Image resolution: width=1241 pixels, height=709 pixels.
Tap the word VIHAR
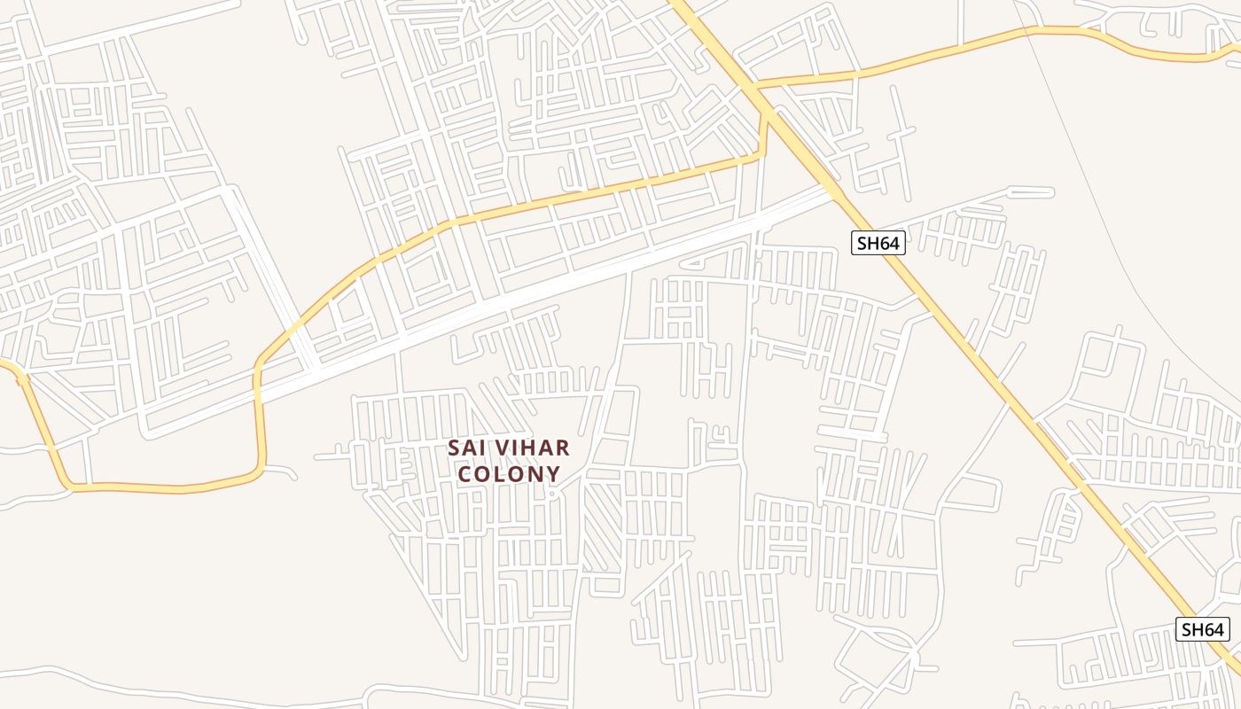[530, 448]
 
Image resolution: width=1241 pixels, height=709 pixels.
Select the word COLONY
[509, 473]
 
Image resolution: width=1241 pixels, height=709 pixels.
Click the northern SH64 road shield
[878, 243]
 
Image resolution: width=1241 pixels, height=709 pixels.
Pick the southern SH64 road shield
[1203, 629]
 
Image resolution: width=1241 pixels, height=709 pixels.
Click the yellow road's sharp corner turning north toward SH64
[761, 156]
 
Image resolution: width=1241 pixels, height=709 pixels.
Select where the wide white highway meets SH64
[831, 189]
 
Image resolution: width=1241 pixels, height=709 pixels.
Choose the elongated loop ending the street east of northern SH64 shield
[1032, 191]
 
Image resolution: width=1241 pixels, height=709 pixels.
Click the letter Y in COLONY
[554, 473]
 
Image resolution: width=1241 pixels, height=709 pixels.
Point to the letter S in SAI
[454, 448]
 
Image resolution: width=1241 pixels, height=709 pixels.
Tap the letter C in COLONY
[464, 473]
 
